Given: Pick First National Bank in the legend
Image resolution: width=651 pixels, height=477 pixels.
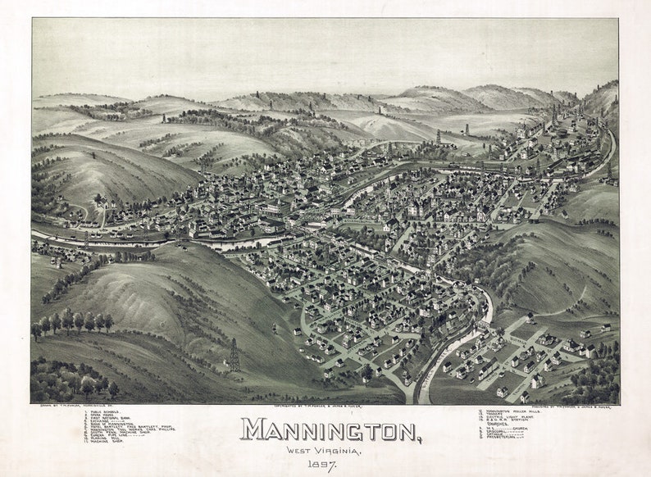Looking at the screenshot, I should tap(109, 418).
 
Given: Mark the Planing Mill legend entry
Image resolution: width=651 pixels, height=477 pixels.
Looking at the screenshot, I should tap(104, 438).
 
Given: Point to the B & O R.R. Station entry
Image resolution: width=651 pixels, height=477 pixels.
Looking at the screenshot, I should tap(505, 420).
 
